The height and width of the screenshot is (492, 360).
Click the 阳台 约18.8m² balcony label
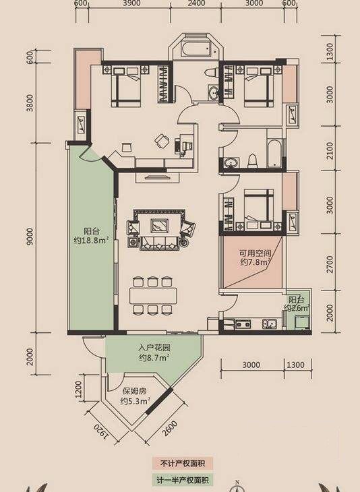pos(91,236)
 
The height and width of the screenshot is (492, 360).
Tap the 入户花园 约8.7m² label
pos(154,352)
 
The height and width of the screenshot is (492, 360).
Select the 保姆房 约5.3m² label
pos(134,396)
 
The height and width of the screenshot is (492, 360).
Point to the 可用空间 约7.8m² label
pos(256,257)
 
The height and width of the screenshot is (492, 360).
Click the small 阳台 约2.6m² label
pos(297,303)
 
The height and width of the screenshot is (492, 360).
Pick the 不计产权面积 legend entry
pos(182,464)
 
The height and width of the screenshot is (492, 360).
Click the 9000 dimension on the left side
pos(30,237)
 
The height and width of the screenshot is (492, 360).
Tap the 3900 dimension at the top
pos(132,3)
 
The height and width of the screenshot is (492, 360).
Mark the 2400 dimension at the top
pos(197,3)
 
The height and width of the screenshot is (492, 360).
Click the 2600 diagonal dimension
pos(170,428)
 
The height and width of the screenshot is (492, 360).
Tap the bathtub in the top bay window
pos(196,49)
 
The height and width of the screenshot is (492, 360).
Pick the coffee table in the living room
pos(160,225)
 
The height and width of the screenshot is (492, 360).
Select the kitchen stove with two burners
pos(243,324)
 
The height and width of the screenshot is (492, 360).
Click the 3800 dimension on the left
pos(30,102)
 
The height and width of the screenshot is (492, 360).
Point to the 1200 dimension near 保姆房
pos(78,389)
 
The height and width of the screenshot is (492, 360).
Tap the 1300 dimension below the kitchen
pos(296,365)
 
